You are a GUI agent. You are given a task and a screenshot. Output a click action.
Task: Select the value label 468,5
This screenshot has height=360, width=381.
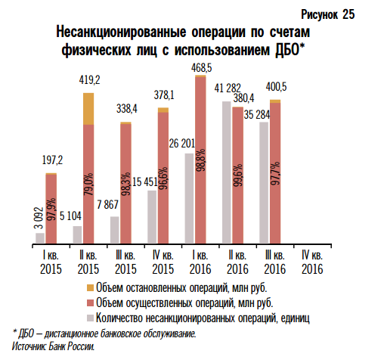coord(201,68)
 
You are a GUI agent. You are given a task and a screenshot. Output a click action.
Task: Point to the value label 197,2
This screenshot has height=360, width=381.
coord(51,160)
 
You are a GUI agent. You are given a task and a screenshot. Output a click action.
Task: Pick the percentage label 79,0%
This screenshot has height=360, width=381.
coord(88,187)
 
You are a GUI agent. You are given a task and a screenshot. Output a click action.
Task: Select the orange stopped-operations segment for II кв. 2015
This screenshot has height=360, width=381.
coord(88,108)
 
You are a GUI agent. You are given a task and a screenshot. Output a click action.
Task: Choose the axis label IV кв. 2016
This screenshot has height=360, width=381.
coord(311,262)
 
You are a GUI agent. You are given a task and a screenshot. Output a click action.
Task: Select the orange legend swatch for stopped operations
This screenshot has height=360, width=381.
coord(91,289)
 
